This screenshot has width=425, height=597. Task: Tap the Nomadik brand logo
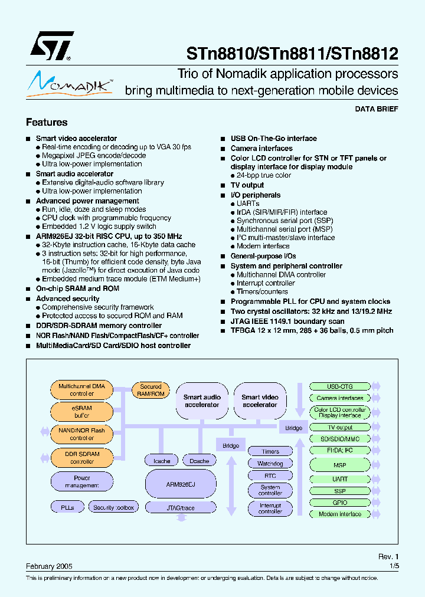click(x=70, y=83)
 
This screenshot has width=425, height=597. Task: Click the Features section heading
click(x=47, y=122)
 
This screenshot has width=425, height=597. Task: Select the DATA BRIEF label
click(x=376, y=109)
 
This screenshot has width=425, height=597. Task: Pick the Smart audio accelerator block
click(x=202, y=401)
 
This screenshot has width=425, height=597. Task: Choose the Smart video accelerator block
click(x=260, y=401)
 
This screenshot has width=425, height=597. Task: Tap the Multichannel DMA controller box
click(x=82, y=390)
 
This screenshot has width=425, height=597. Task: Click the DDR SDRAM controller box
click(x=82, y=458)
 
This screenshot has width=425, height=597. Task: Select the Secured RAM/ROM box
click(x=151, y=390)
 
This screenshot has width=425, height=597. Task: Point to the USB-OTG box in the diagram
click(x=340, y=386)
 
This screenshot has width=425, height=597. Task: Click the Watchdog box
click(x=270, y=464)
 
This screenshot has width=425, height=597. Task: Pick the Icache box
click(x=162, y=461)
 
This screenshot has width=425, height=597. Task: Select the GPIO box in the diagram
click(x=340, y=503)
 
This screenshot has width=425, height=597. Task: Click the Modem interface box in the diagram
click(x=340, y=514)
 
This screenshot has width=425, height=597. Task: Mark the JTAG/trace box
click(x=181, y=507)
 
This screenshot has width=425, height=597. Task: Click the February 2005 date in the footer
click(x=49, y=566)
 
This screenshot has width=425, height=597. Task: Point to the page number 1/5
click(x=394, y=566)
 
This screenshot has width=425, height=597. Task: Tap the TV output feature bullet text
click(x=247, y=185)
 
